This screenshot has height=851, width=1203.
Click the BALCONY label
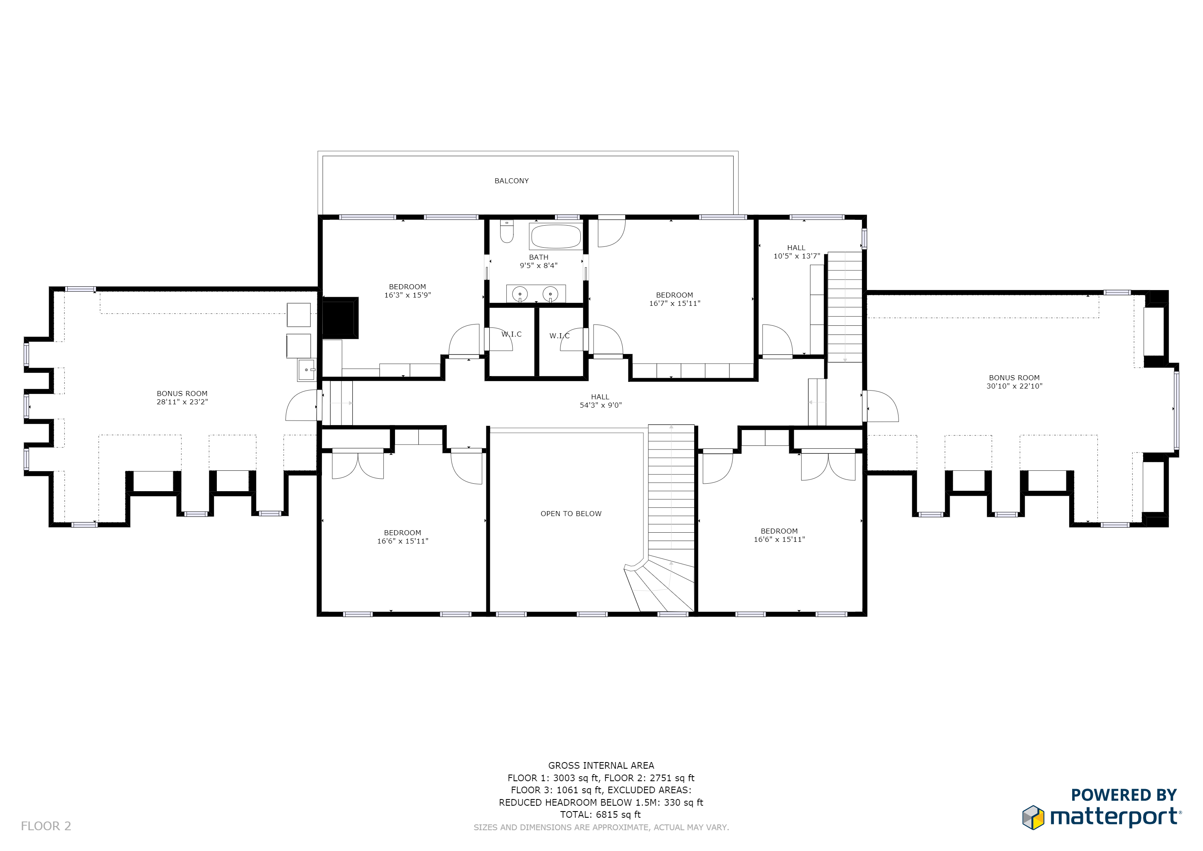coord(511,181)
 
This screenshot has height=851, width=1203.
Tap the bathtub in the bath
coord(556,236)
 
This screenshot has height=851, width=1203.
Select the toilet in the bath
coord(507,231)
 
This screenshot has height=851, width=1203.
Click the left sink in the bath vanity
coord(520,294)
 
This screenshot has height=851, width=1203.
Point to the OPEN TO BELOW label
coord(571,514)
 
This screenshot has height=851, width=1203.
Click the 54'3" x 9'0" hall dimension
coord(600,405)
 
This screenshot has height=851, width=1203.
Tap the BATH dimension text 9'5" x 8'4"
coord(539,265)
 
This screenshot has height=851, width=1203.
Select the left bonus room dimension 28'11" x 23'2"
coord(182,402)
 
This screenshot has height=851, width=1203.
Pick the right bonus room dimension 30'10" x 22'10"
coord(1014,386)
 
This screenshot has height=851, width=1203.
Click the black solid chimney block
coord(339,318)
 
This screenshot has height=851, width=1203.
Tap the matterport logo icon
coord(1033,817)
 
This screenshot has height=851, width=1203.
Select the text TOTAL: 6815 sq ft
coord(600,814)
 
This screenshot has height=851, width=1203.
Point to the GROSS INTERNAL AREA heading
coord(601,765)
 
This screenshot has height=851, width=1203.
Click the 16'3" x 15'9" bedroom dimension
coord(408,295)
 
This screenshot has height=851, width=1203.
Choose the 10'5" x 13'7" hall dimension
coord(796,256)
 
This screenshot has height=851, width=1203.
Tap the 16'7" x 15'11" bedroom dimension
coord(675,303)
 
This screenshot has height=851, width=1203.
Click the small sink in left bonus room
coord(307,370)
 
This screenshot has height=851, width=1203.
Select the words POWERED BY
coord(1124,795)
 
